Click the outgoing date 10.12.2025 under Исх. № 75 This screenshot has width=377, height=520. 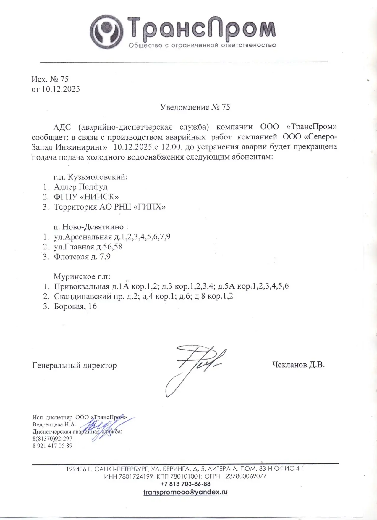tap(61, 89)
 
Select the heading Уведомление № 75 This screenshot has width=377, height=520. tap(195, 107)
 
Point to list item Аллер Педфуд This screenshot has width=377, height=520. tap(80, 187)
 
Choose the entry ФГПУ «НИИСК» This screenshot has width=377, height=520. tap(86, 197)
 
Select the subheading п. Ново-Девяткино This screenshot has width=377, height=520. tap(90, 227)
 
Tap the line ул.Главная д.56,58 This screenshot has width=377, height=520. tap(88, 247)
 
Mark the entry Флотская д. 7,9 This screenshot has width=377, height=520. tap(82, 257)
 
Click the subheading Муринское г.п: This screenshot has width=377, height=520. tap(82, 277)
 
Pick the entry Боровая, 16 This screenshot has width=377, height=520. tap(75, 306)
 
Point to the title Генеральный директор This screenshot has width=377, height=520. tap(74, 366)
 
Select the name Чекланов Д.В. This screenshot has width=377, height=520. tap(298, 365)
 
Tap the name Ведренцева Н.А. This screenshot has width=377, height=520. tap(54, 425)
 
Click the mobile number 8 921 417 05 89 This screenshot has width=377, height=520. tap(52, 446)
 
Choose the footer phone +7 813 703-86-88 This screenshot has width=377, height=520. tap(185, 484)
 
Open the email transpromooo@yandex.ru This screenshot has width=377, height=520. tap(185, 492)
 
